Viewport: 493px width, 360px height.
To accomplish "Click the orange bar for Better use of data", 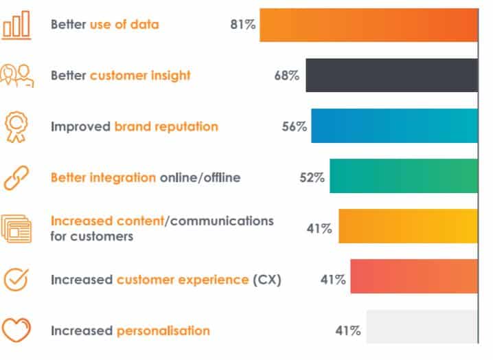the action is click(369, 25).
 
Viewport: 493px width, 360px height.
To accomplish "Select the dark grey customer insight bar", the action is click(392, 75).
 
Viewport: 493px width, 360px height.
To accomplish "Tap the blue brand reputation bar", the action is click(395, 126).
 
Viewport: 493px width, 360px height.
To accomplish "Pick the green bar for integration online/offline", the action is click(404, 176).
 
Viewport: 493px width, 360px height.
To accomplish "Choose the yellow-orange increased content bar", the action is click(408, 226).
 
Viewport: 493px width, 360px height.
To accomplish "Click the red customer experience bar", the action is click(414, 276).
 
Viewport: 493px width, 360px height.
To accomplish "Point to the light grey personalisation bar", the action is click(422, 326).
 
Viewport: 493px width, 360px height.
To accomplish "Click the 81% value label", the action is click(243, 25).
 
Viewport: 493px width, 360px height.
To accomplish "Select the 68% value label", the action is click(287, 76).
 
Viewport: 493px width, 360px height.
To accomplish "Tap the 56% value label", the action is click(295, 126).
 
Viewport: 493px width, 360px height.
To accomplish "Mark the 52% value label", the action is click(312, 177).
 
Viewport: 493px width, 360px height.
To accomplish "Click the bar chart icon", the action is click(16, 25).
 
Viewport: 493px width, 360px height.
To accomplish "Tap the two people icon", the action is click(17, 76).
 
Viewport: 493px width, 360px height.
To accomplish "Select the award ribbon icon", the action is click(16, 127).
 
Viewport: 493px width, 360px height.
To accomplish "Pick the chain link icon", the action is click(16, 178).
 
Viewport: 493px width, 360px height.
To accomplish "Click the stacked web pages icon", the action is click(16, 229).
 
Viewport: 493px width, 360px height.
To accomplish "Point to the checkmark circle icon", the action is click(16, 280).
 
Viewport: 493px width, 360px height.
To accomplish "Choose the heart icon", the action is click(16, 330).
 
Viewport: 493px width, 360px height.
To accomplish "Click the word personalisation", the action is click(163, 331).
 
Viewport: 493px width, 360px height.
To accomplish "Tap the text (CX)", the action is click(267, 280).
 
